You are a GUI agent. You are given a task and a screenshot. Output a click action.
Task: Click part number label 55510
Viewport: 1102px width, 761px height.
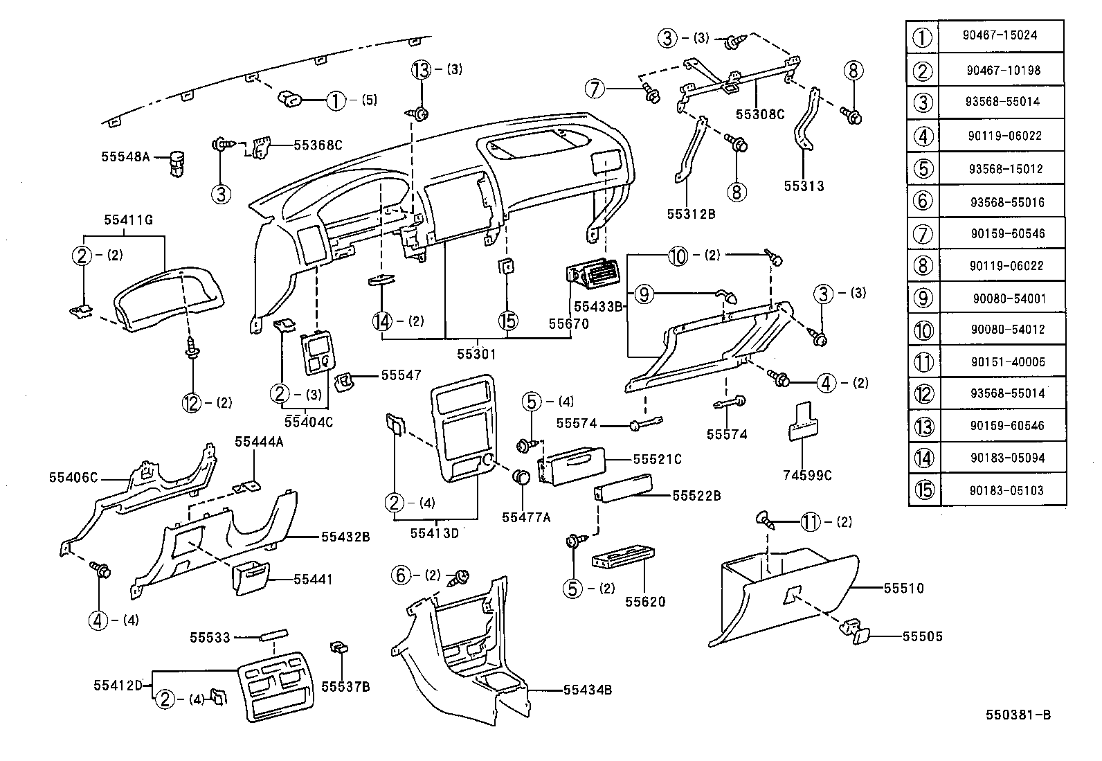[x=903, y=589]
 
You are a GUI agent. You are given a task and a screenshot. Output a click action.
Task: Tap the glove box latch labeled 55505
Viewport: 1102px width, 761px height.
[x=853, y=633]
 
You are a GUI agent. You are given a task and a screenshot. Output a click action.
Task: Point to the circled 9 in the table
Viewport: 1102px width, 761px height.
[x=923, y=298]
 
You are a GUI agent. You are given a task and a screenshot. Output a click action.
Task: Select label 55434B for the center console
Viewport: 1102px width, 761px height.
[x=587, y=690]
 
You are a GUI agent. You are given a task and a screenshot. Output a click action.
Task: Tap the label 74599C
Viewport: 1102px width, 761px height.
[x=807, y=475]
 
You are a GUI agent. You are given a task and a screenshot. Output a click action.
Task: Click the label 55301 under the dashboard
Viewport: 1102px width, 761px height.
[x=476, y=354]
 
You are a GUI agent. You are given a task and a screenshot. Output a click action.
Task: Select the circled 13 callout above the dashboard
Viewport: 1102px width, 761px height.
[x=421, y=69]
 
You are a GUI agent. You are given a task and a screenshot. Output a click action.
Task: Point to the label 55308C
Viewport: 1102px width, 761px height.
[x=759, y=114]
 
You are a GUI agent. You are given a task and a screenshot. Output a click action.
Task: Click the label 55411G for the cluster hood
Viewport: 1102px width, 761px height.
[x=128, y=220]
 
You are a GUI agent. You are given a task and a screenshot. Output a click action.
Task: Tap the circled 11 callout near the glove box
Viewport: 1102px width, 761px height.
[x=811, y=522]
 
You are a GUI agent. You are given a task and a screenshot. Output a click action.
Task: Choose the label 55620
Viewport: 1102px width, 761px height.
[x=645, y=602]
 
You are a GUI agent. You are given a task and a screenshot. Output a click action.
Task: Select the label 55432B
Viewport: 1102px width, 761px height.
[x=345, y=537]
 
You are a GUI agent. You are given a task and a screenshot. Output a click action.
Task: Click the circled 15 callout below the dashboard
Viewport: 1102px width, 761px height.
[x=507, y=321]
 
